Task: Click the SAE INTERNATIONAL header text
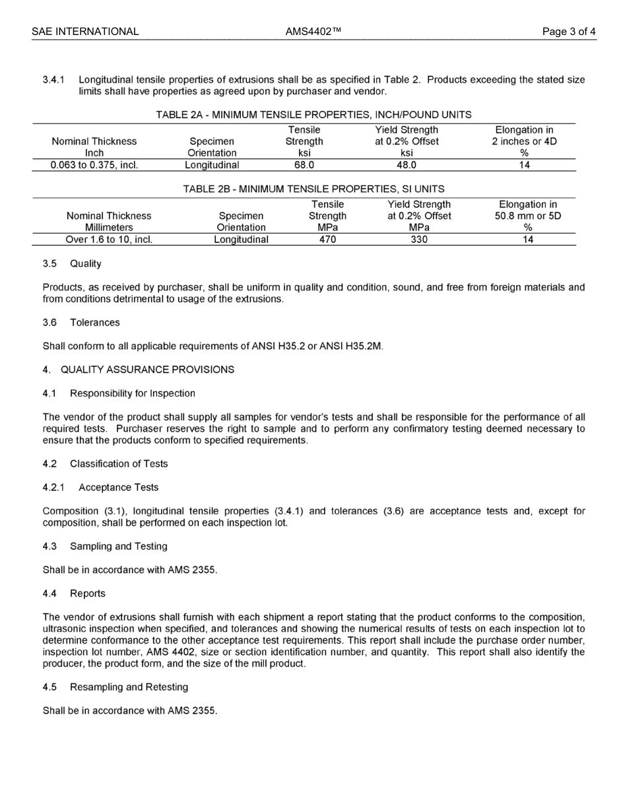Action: click(x=85, y=32)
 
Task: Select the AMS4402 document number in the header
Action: click(x=313, y=32)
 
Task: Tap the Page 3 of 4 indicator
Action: click(x=569, y=32)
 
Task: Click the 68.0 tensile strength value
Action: click(x=304, y=165)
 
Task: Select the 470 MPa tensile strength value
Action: click(x=327, y=240)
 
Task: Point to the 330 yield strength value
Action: click(x=418, y=240)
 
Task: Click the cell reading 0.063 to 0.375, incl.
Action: click(x=94, y=165)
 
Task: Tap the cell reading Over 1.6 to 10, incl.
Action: click(x=109, y=240)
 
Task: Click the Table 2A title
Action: click(x=313, y=115)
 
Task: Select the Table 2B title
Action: click(x=313, y=189)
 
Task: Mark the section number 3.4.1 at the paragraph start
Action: click(x=53, y=80)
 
